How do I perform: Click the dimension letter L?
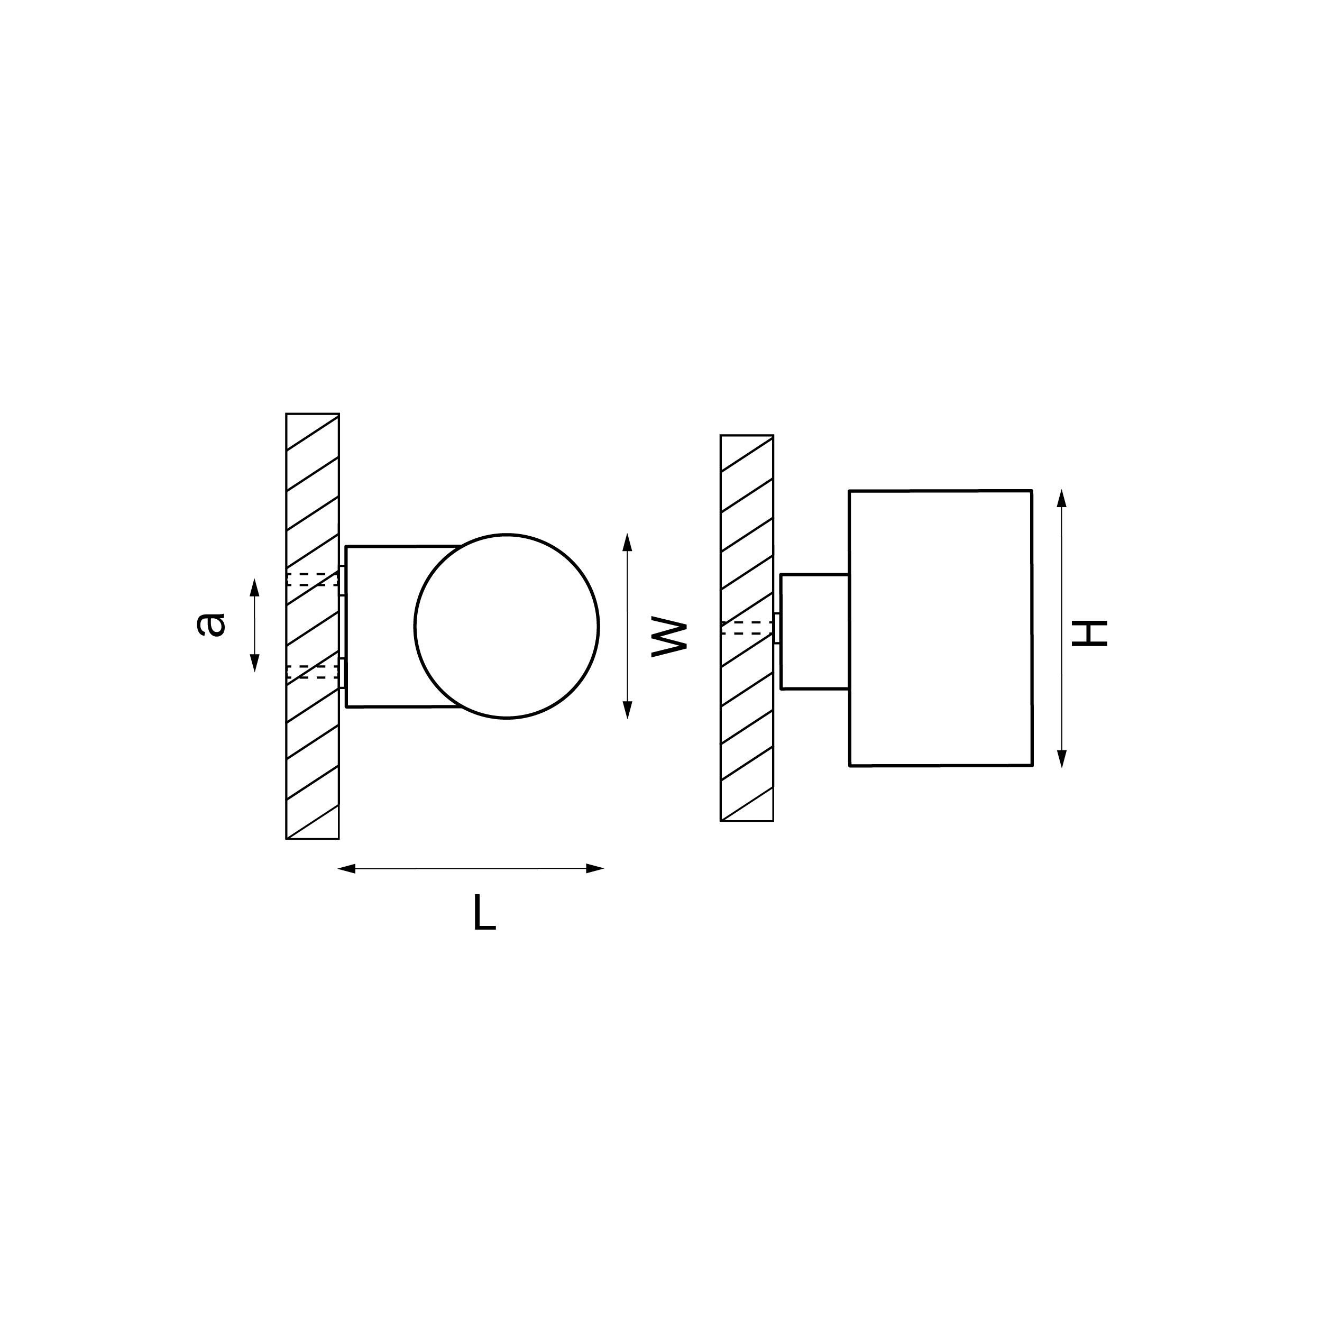point(484,913)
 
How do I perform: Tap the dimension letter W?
point(668,638)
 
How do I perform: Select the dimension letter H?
point(1089,633)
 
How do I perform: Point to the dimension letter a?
point(211,624)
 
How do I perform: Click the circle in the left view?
point(415,626)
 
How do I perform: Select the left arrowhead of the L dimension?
point(346,869)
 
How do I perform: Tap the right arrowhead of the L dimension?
point(594,868)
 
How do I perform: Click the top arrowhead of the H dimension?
point(1061,498)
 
